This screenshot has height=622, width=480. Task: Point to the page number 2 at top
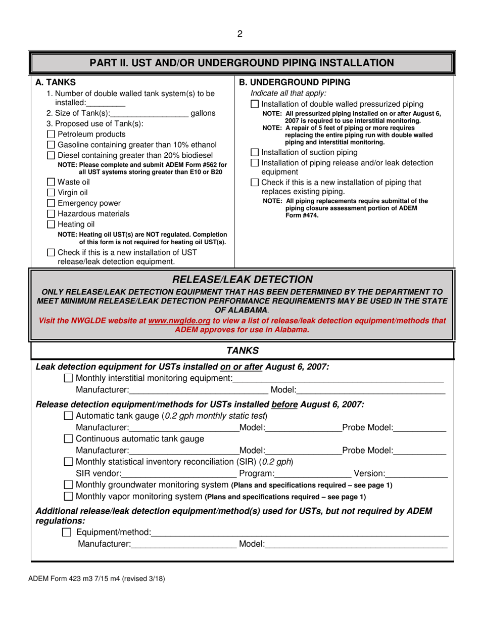coord(240,34)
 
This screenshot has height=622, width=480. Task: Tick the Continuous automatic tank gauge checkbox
coord(69,438)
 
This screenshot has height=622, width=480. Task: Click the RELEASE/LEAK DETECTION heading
coord(243,280)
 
